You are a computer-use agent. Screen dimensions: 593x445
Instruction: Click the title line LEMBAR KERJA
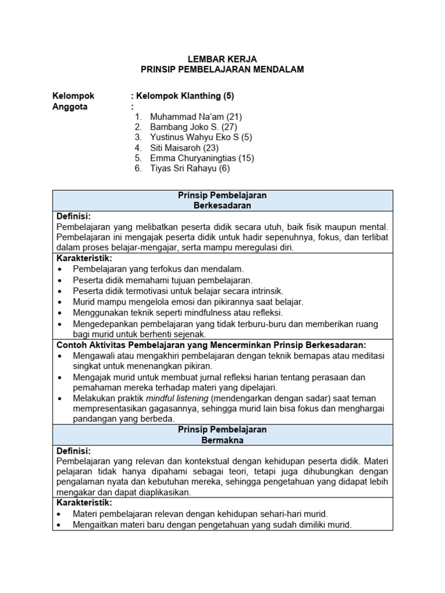(x=222, y=59)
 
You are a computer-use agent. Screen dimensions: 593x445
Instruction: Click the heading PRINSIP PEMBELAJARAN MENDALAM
(x=222, y=69)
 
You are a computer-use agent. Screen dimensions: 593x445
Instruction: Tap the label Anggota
(x=70, y=107)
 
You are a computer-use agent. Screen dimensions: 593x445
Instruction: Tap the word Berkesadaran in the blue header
(x=222, y=206)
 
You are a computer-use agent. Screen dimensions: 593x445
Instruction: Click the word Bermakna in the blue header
(x=222, y=440)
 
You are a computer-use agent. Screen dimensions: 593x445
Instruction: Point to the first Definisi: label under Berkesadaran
(x=74, y=216)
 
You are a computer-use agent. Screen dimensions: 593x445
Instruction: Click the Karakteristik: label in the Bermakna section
(x=84, y=503)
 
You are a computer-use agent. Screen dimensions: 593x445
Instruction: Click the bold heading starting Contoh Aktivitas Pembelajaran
(x=211, y=345)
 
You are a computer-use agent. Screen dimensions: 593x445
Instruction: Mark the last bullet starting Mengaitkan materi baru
(x=212, y=525)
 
